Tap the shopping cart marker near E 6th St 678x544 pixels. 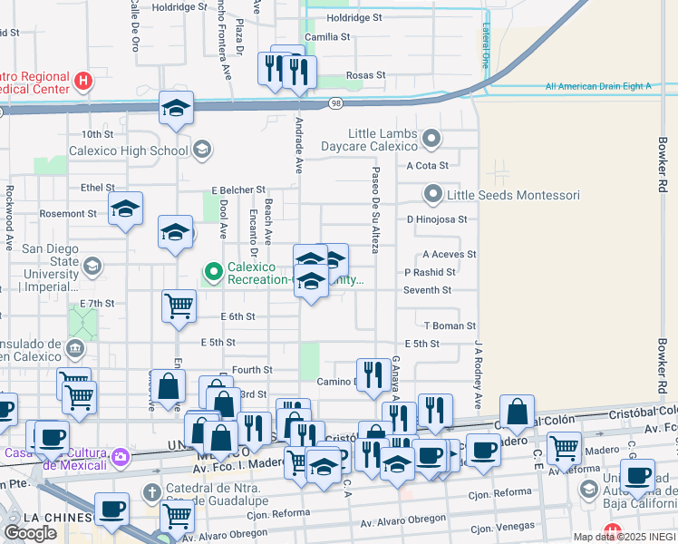[179, 306]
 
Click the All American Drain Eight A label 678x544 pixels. [598, 87]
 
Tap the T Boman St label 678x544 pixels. [450, 325]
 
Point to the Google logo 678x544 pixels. [30, 532]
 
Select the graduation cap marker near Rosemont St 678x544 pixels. [125, 209]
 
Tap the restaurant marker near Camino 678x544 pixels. [373, 374]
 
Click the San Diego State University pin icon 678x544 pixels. [92, 265]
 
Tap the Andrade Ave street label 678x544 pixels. [298, 145]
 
